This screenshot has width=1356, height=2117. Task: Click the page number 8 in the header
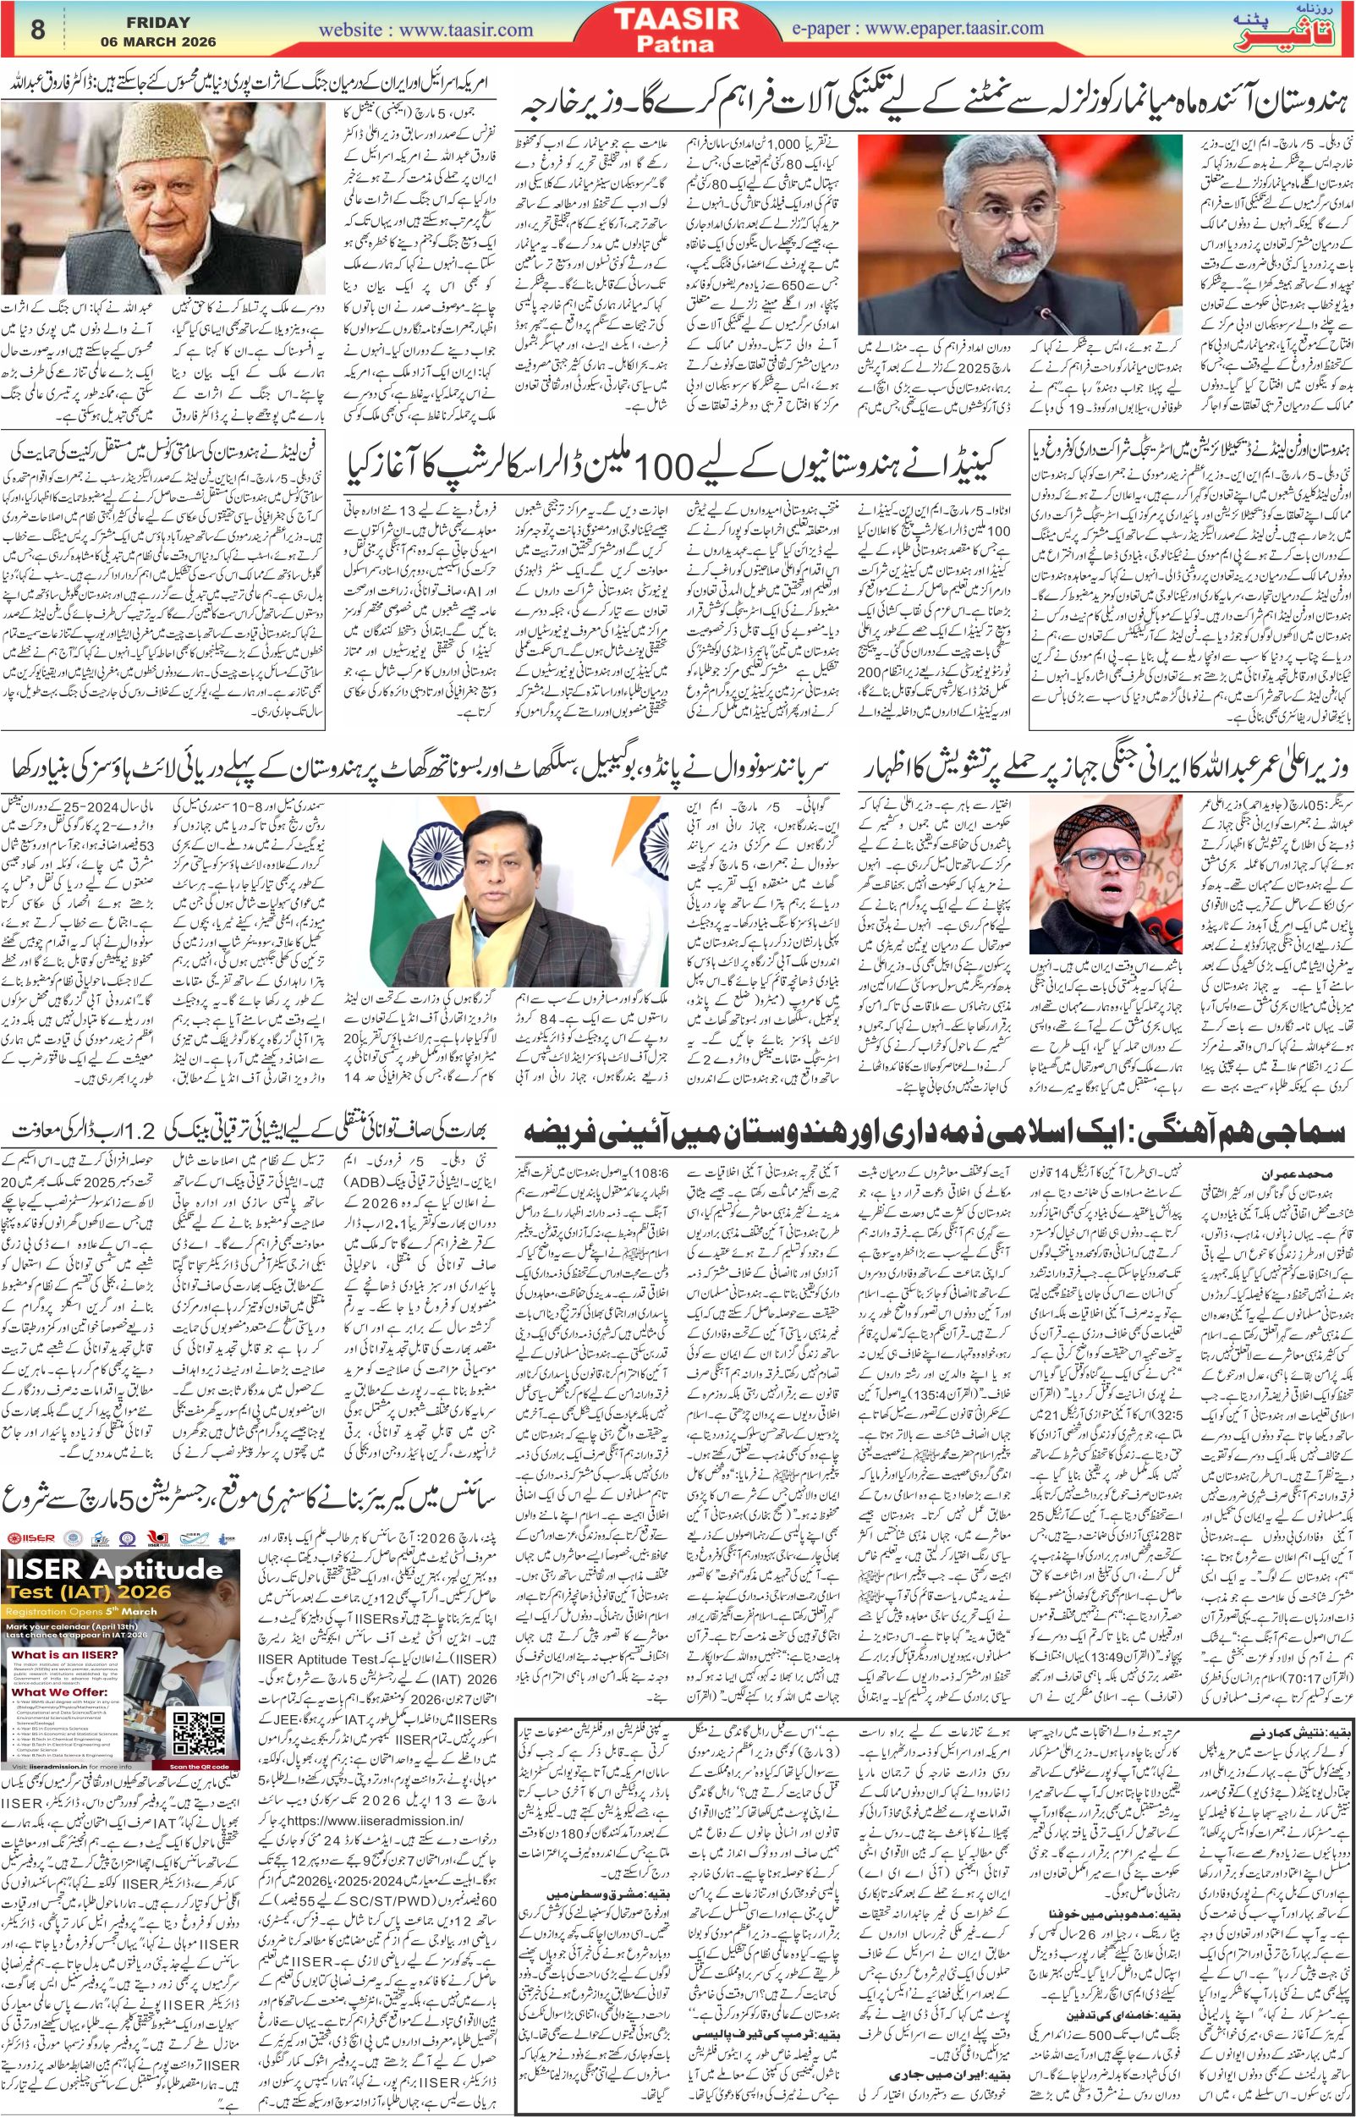(37, 29)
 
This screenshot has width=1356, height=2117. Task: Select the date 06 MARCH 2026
(149, 41)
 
